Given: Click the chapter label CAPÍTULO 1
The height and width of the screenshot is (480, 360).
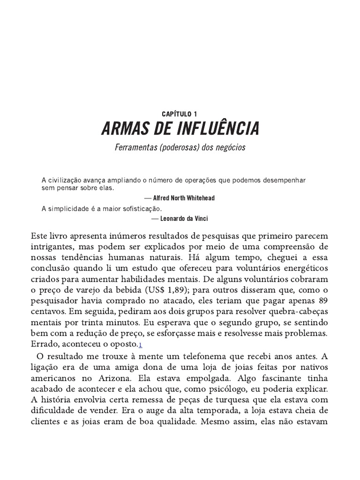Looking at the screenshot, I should click(180, 113).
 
